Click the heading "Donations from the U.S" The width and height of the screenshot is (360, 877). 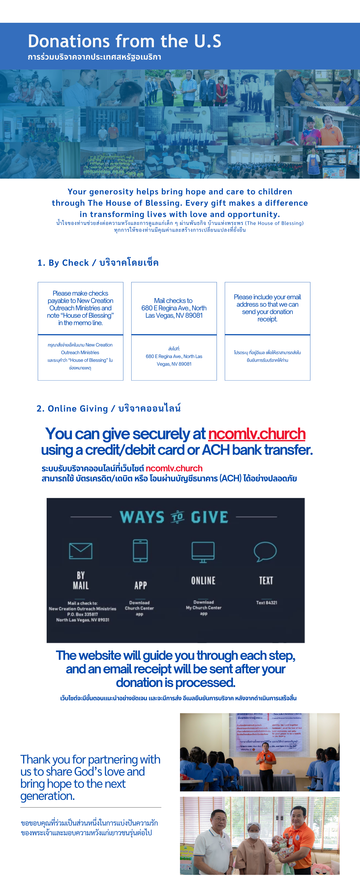pos(124,41)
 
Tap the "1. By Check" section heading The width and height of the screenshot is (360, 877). pos(98,263)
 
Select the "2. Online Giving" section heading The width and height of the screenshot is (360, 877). pos(108,408)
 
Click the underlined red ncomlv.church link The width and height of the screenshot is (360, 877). pos(256,434)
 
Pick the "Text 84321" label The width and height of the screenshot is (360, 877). pos(266,603)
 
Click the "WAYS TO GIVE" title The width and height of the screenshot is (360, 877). pos(174,517)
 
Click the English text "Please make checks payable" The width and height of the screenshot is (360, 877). pos(80,308)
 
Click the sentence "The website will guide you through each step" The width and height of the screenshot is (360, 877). pos(175,655)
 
